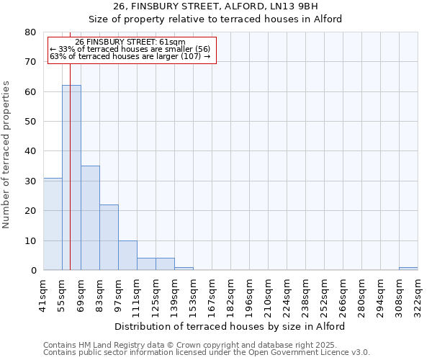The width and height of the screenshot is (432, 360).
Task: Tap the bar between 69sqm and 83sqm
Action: (90, 218)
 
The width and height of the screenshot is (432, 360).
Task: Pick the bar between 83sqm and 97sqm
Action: (109, 238)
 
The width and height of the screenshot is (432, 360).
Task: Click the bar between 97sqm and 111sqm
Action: (127, 256)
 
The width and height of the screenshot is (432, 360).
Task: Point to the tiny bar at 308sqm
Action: (408, 269)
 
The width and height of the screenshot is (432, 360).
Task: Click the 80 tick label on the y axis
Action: (30, 32)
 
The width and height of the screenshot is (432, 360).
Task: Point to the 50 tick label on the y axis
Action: (30, 122)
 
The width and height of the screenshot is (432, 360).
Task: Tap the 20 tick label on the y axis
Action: (30, 211)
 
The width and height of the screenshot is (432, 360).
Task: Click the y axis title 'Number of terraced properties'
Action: (7, 154)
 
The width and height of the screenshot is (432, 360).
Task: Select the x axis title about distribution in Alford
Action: (230, 326)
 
